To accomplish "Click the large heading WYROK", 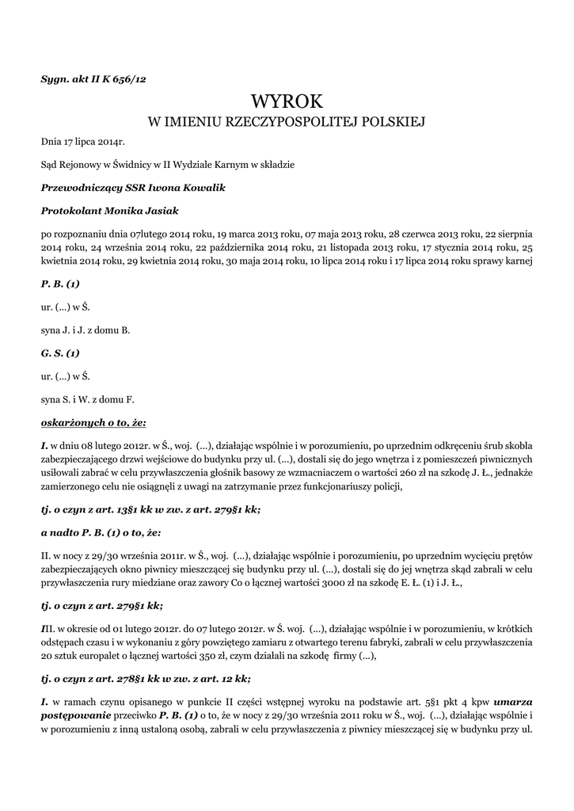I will (287, 101).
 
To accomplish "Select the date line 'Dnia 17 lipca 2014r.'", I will (83, 142).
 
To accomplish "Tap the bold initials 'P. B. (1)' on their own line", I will (60, 283).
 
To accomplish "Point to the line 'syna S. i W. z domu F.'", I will (87, 400).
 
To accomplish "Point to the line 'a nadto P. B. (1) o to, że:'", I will (109, 533).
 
